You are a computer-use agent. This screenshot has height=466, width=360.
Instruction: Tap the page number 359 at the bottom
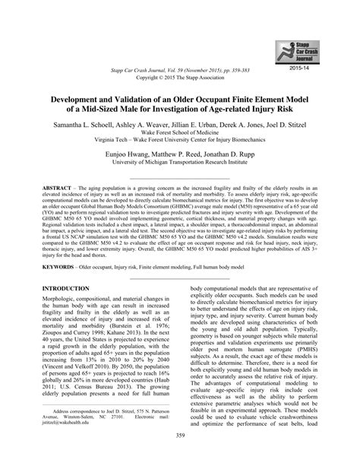coord(179,455)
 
